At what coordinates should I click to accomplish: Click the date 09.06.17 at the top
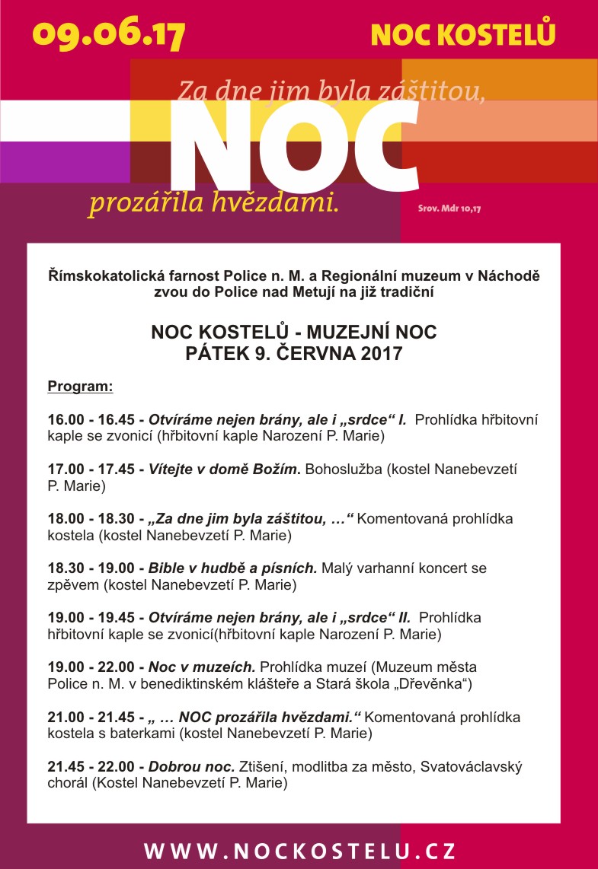pos(109,34)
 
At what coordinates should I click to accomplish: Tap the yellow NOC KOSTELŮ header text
pos(462,34)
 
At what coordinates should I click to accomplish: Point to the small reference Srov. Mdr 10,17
pos(449,207)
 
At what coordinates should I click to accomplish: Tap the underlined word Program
pos(80,387)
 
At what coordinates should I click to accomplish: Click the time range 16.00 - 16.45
pos(91,419)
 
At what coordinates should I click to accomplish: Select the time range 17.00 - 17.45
pos(91,469)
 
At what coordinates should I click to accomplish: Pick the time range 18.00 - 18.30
pos(91,519)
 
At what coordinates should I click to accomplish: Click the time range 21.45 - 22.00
pos(91,766)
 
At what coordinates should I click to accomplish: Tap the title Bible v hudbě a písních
pos(233,568)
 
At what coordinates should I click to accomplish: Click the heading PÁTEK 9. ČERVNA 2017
pos(294,354)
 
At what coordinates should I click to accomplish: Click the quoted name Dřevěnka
pos(434,684)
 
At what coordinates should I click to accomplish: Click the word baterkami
pos(175,734)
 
